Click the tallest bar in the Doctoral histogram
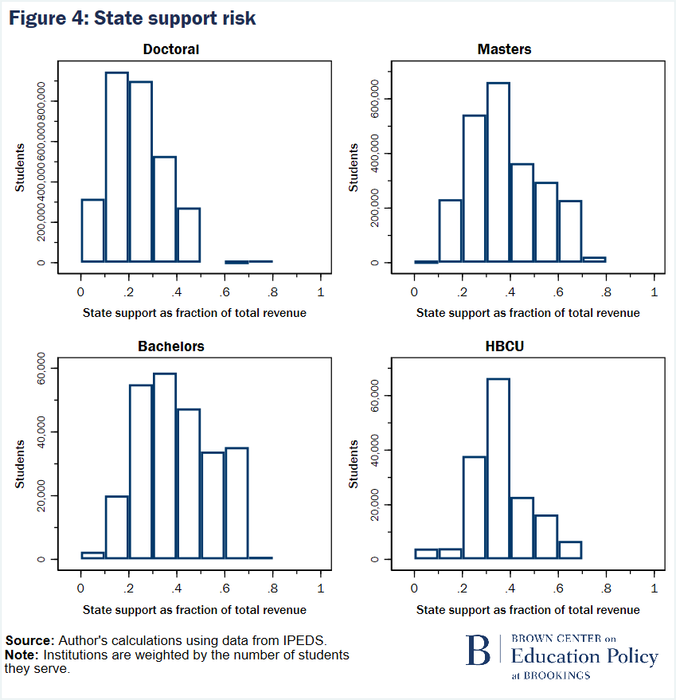(x=116, y=167)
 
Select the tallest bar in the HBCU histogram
(x=498, y=468)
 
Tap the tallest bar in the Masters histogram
(x=498, y=172)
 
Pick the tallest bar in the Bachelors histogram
(x=164, y=466)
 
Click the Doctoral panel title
(x=171, y=49)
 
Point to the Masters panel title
(x=504, y=49)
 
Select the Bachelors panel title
(x=172, y=346)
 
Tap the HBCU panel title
(x=504, y=346)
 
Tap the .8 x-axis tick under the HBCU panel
(x=606, y=589)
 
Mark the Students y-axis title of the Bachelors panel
(x=20, y=464)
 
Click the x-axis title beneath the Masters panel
(x=528, y=313)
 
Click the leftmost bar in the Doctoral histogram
(x=92, y=230)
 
